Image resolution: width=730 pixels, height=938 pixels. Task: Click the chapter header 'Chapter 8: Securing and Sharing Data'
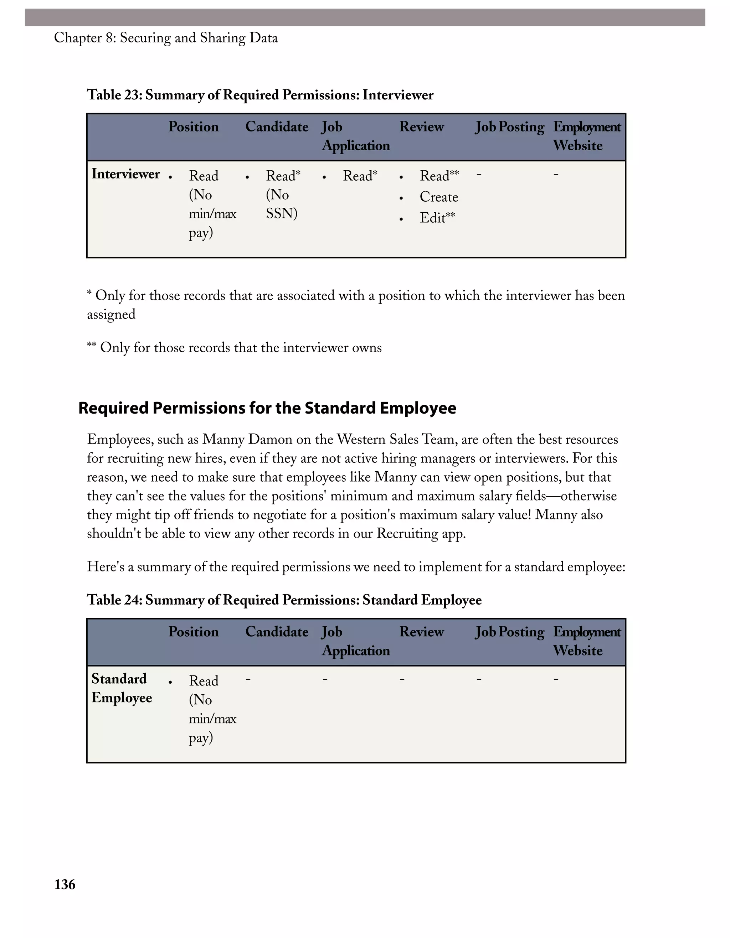pyautogui.click(x=166, y=38)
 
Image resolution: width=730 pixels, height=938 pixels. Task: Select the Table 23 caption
pyautogui.click(x=260, y=95)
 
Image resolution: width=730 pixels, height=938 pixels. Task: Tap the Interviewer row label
pyautogui.click(x=125, y=174)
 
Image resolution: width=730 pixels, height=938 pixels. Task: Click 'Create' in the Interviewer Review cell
pyautogui.click(x=439, y=197)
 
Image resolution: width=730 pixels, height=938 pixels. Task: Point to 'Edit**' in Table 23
pyautogui.click(x=437, y=218)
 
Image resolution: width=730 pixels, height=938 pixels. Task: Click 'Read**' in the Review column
pyautogui.click(x=439, y=176)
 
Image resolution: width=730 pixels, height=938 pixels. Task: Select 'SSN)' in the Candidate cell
pyautogui.click(x=282, y=213)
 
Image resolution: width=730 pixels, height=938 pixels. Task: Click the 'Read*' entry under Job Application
pyautogui.click(x=360, y=176)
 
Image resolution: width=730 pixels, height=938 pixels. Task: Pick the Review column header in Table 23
pyautogui.click(x=421, y=127)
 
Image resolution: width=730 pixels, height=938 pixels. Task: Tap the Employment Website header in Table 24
pyautogui.click(x=586, y=641)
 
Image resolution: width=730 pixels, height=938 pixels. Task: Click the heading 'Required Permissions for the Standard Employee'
pyautogui.click(x=267, y=408)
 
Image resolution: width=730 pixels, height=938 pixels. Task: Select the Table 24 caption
pyautogui.click(x=284, y=600)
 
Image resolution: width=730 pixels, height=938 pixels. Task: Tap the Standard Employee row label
pyautogui.click(x=122, y=688)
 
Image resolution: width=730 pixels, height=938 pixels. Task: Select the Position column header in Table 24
pyautogui.click(x=193, y=632)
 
